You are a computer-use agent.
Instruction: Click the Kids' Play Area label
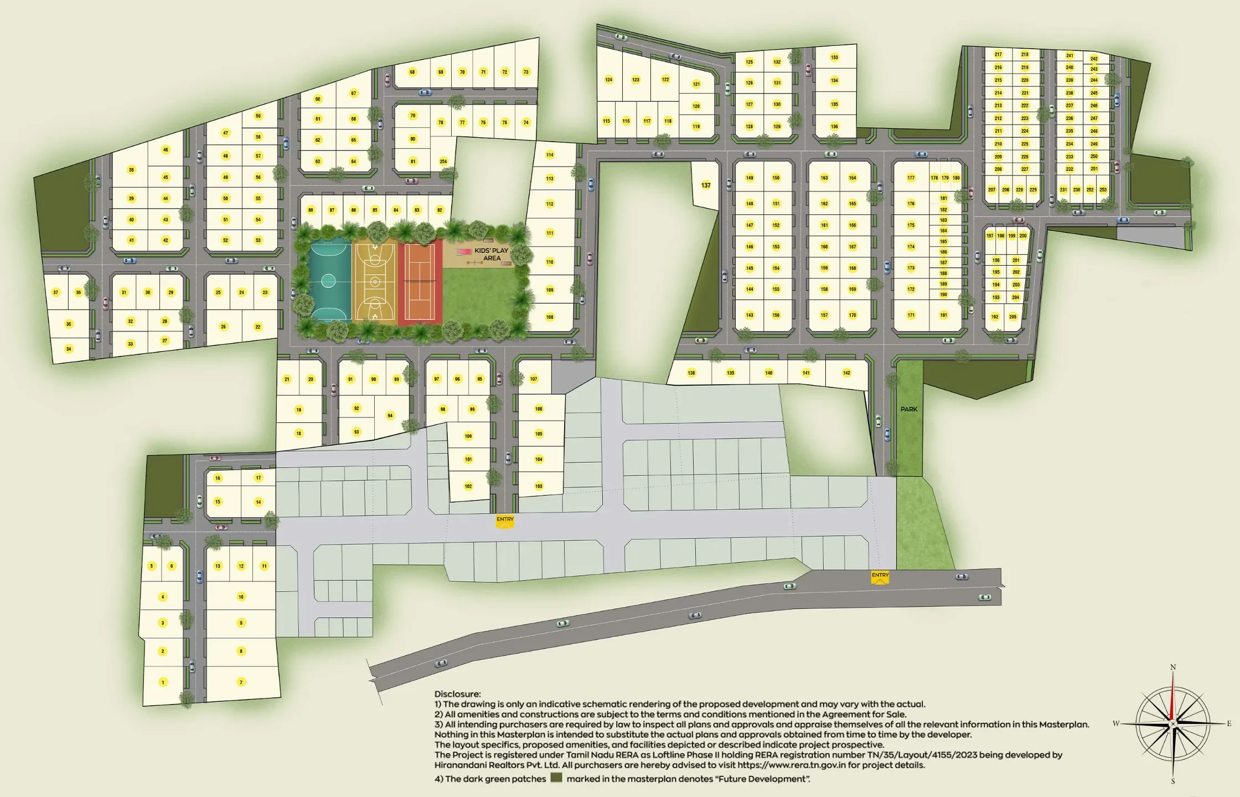491,255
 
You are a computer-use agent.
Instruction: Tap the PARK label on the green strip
909,409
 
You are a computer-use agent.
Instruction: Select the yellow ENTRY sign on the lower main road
880,576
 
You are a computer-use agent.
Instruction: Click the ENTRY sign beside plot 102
505,520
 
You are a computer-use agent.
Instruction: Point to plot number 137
706,185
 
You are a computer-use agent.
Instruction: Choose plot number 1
163,682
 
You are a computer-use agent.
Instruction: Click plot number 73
526,72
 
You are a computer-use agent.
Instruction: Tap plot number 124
608,80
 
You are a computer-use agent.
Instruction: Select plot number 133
834,58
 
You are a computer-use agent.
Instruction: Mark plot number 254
443,162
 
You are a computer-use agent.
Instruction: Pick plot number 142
846,373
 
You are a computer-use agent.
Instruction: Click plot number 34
69,349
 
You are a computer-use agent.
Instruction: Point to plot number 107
534,379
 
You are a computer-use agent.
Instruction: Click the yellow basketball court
375,282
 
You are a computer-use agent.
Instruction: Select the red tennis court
420,282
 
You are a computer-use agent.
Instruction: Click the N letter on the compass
1173,667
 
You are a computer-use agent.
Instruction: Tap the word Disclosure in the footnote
457,694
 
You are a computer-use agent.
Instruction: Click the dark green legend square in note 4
556,778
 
